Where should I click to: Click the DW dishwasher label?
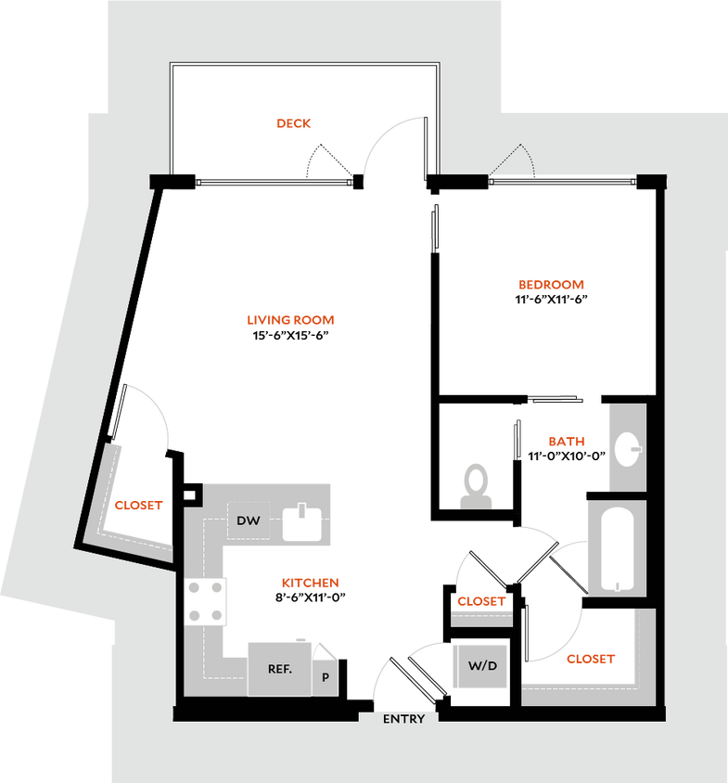click(248, 521)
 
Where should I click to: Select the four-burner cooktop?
click(206, 601)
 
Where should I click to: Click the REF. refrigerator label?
click(280, 669)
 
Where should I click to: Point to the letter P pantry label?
click(326, 677)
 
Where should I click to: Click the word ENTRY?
click(403, 719)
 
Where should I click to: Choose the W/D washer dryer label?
click(481, 666)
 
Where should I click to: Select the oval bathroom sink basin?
click(628, 449)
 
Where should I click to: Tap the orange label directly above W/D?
click(481, 602)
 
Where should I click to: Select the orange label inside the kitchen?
click(311, 584)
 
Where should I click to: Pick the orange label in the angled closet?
click(138, 506)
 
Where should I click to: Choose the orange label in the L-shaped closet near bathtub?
click(591, 660)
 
